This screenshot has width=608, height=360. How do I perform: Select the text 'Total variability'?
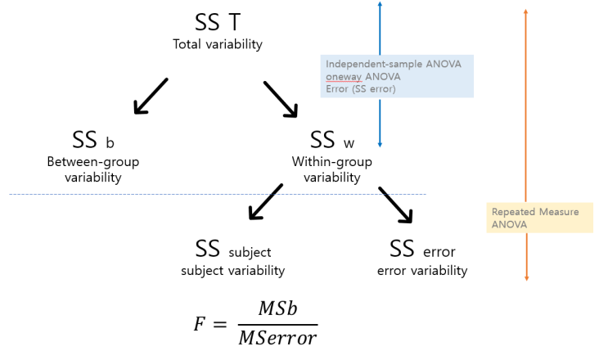pos(217,43)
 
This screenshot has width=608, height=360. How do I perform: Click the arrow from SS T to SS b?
pos(151,96)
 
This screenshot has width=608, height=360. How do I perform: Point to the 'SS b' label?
pos(92,140)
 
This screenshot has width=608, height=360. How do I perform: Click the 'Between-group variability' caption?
pos(92,169)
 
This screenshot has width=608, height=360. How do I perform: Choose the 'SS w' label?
pos(331,140)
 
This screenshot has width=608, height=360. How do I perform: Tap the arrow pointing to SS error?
pos(394,205)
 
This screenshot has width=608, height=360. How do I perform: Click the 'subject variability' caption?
pos(233,271)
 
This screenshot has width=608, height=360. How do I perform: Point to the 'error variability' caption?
pos(422,271)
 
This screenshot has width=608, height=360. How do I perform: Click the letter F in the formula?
pos(200,324)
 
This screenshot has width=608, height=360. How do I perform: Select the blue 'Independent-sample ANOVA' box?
pos(397,76)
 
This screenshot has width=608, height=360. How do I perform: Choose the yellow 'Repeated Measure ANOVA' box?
pos(539,218)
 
